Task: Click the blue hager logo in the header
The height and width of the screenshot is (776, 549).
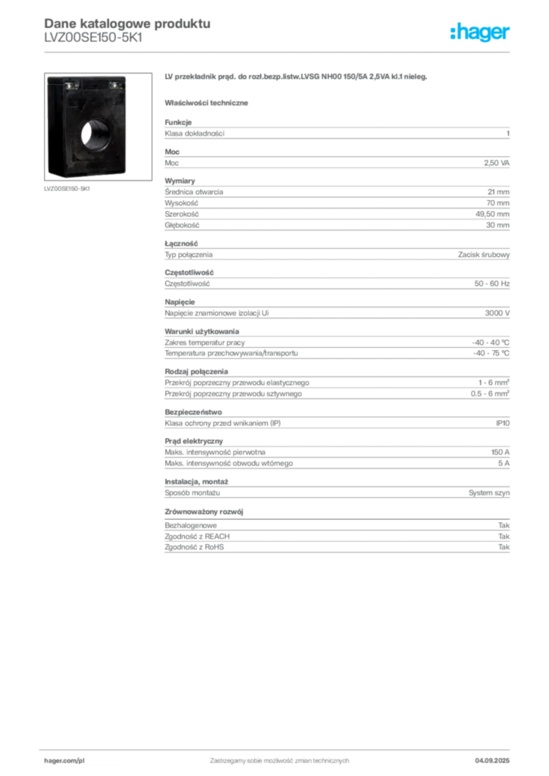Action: point(481,33)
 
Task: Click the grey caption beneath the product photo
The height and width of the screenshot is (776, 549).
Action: point(67,189)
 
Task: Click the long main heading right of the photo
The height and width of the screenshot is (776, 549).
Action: point(297,78)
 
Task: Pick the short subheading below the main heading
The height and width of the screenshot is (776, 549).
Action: point(209,102)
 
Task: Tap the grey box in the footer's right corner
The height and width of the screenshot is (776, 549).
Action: point(498,756)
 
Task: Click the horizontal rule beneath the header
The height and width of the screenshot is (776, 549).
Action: point(279,51)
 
